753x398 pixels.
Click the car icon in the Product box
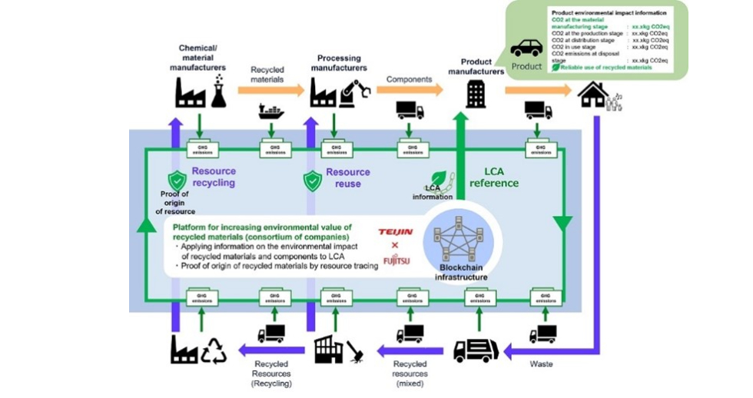526,48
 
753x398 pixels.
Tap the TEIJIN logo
396,231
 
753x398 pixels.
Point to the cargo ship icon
271,111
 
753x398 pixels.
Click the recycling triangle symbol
214,350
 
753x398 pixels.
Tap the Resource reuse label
347,177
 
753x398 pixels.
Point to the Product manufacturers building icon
476,95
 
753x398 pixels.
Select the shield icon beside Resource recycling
177,181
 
